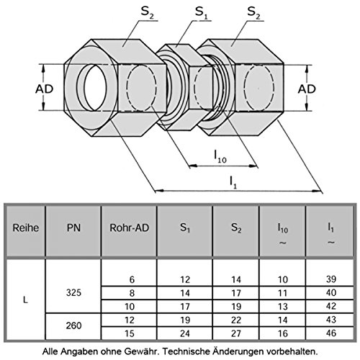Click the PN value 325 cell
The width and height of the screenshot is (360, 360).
tap(72, 295)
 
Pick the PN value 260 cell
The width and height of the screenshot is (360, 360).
tap(72, 325)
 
